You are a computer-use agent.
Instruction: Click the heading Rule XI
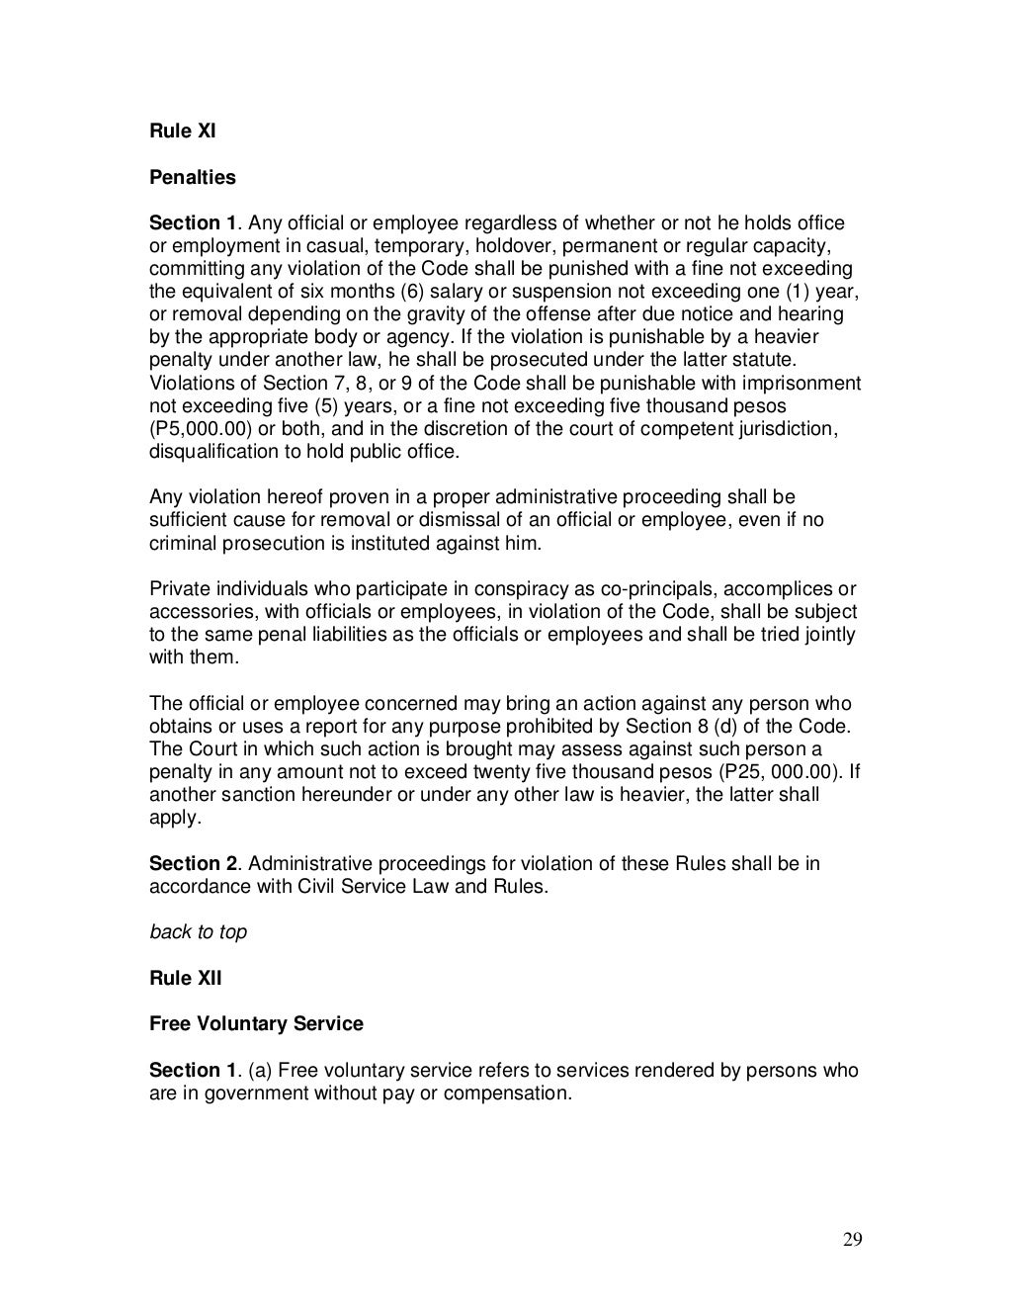(182, 131)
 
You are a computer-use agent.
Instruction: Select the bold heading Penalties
(193, 177)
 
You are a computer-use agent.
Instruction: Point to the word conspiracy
(452, 589)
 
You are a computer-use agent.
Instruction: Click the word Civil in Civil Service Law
(319, 886)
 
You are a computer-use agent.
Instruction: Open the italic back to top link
(198, 932)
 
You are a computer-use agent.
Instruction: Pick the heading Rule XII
(186, 978)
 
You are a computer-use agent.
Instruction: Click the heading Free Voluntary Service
(256, 1024)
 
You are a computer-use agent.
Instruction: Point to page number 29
(852, 1242)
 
